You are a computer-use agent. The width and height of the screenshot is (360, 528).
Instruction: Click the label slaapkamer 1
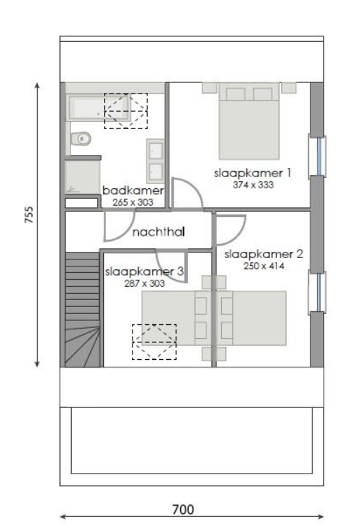[243, 172]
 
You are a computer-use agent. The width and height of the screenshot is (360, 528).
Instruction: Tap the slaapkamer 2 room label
[255, 255]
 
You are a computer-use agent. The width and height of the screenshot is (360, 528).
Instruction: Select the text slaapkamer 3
[144, 272]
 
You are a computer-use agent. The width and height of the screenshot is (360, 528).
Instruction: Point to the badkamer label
[133, 190]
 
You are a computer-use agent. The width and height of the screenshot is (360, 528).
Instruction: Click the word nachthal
[158, 232]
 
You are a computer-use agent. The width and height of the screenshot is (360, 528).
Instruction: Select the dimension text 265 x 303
[132, 202]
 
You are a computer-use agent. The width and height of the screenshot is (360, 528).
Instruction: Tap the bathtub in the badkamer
[101, 109]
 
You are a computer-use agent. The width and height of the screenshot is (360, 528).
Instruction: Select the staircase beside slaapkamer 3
[82, 310]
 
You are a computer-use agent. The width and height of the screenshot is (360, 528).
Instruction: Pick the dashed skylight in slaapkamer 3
[154, 342]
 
